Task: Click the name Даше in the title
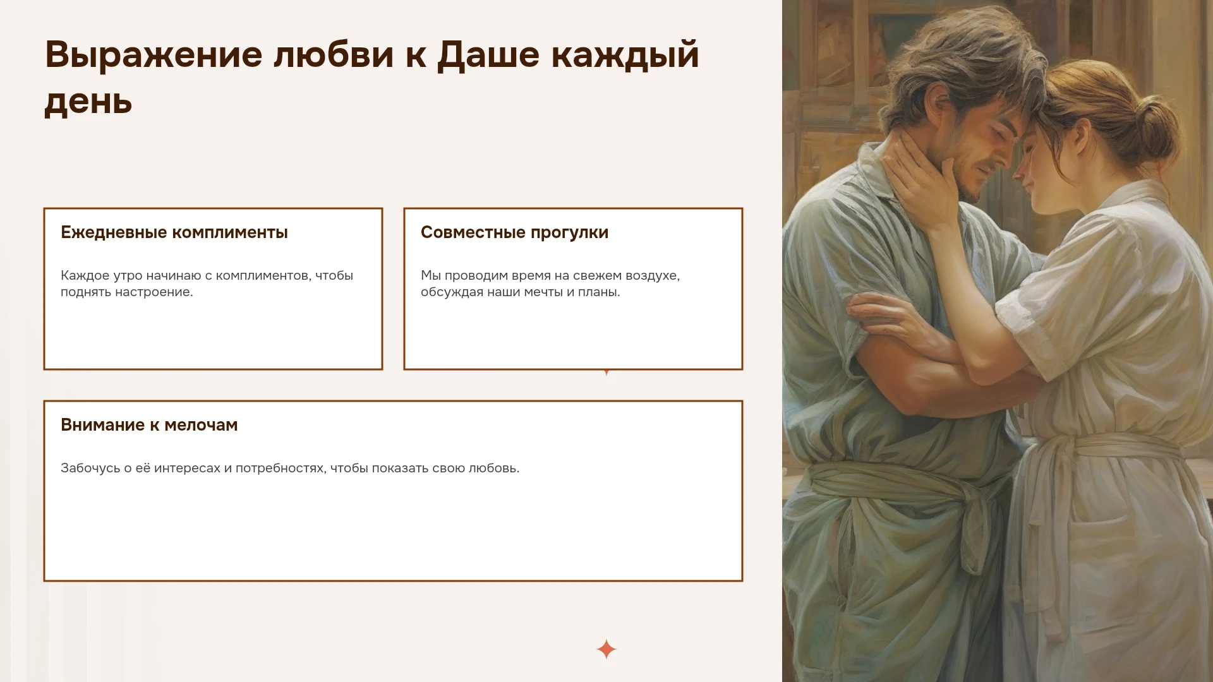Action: tap(488, 56)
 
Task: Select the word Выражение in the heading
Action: tap(154, 56)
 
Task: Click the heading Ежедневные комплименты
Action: tap(174, 232)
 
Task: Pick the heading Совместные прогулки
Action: tap(515, 232)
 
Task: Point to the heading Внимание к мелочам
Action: tap(149, 425)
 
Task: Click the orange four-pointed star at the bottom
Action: tap(606, 649)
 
